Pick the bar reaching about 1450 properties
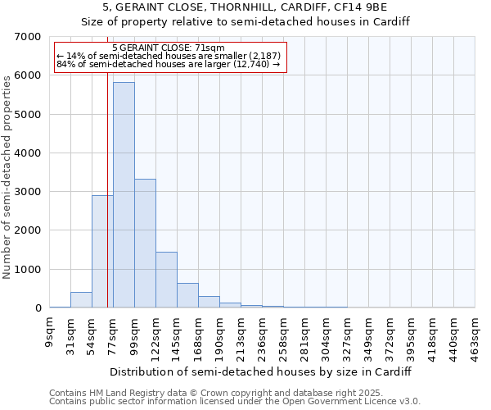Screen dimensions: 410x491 click(166, 280)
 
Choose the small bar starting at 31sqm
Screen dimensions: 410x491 click(81, 300)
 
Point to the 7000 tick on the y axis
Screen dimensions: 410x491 click(28, 37)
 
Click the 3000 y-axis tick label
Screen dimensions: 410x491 click(28, 192)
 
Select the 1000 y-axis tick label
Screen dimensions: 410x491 click(28, 270)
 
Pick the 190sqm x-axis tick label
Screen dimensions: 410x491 click(220, 335)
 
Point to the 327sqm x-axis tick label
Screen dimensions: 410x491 click(347, 335)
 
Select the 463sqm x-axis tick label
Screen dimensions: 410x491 click(475, 335)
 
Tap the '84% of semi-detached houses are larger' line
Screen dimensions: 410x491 click(169, 65)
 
